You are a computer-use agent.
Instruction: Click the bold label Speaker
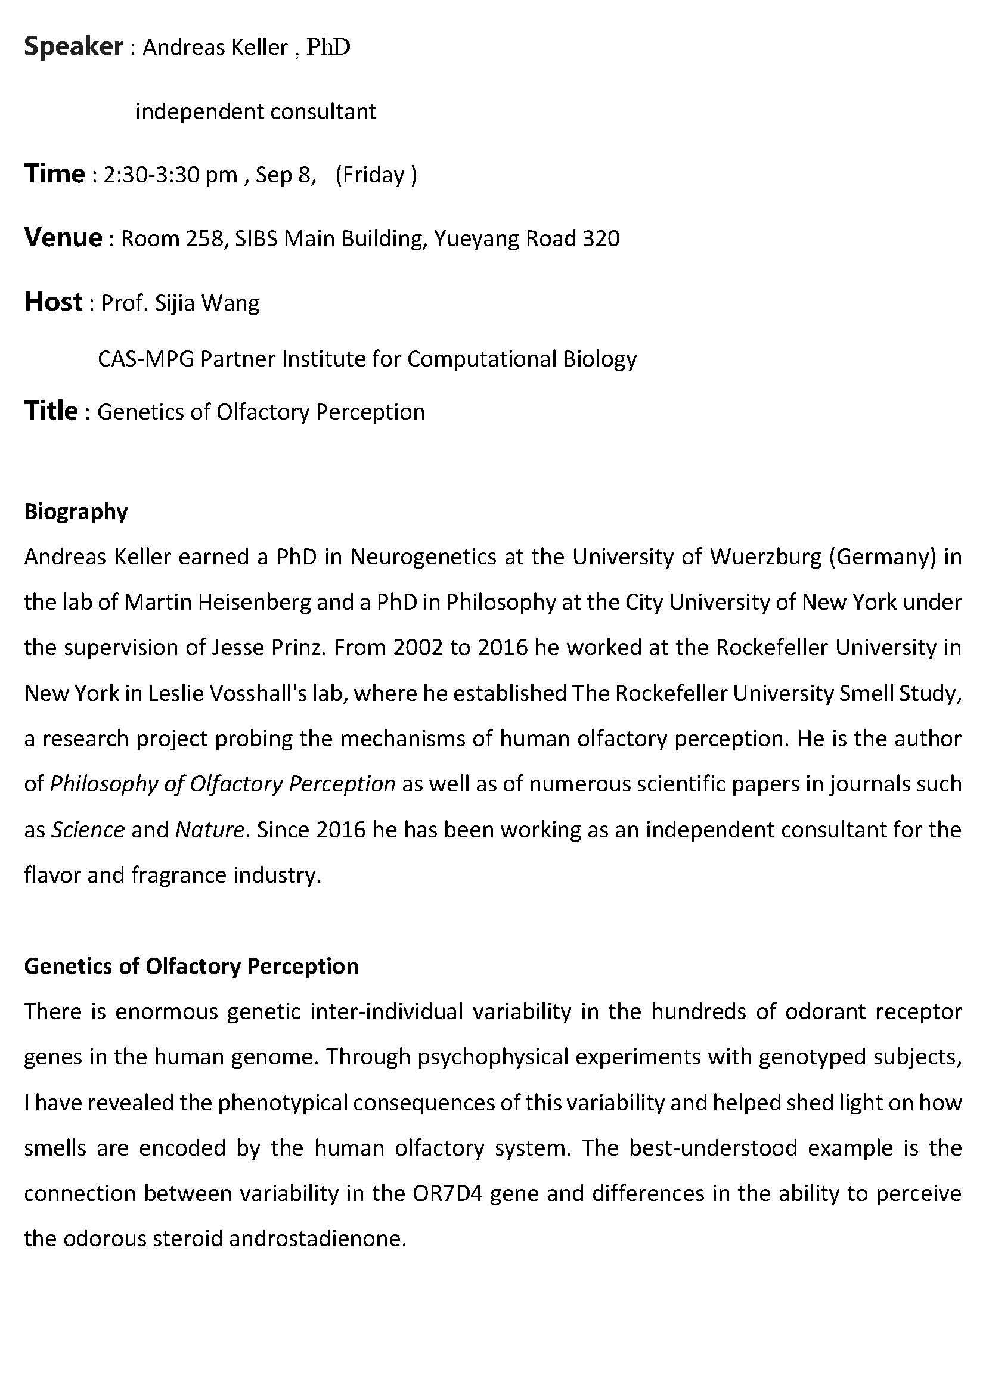click(x=73, y=46)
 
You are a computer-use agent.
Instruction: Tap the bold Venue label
click(x=63, y=237)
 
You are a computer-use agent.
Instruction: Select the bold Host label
click(x=54, y=302)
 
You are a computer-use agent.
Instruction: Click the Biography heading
click(x=76, y=512)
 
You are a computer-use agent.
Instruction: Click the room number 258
click(x=205, y=238)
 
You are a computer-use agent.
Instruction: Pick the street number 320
click(x=600, y=238)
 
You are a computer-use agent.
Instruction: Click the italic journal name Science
click(x=88, y=830)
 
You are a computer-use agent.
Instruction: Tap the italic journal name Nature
click(x=209, y=830)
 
